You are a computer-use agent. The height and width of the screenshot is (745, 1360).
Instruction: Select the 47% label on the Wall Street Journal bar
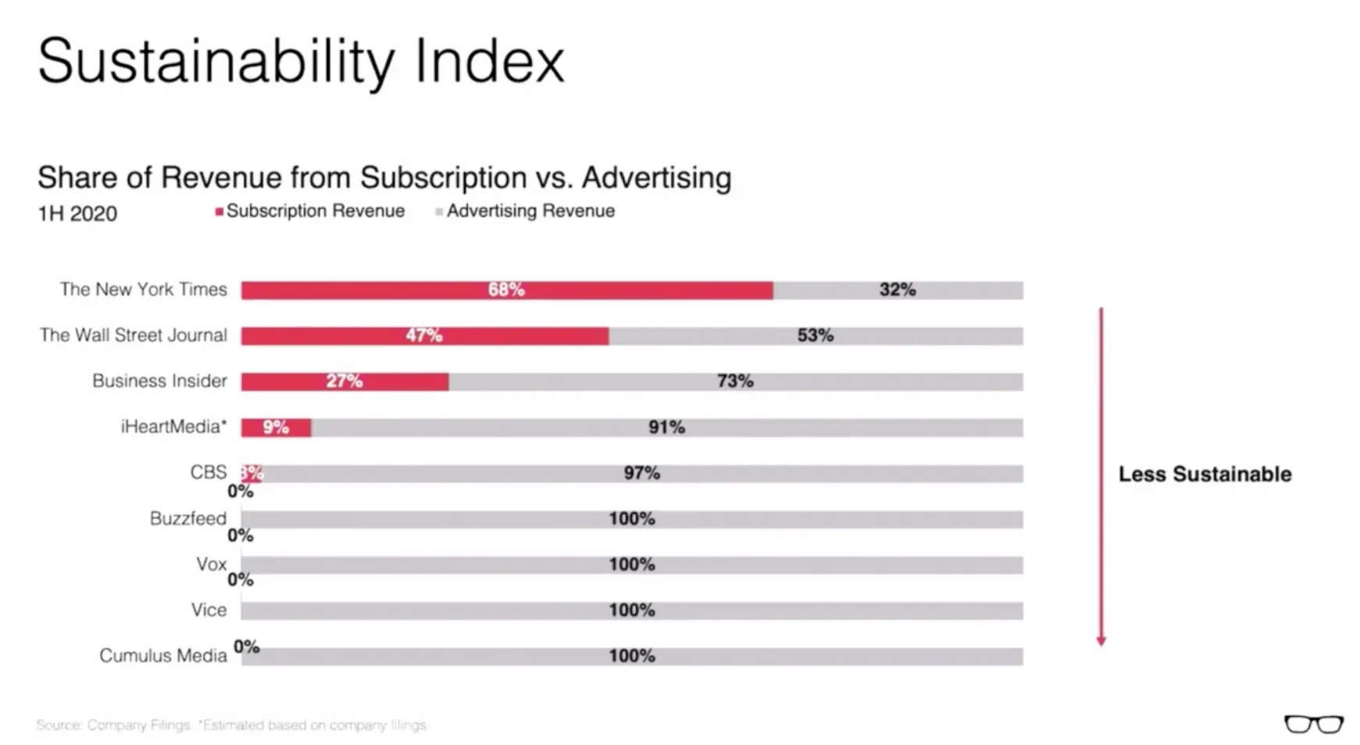pos(423,335)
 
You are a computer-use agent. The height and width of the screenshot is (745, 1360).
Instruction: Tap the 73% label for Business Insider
pos(735,381)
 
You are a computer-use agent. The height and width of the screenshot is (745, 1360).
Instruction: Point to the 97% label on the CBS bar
pos(641,473)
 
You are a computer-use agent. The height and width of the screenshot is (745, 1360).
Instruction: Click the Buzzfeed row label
pos(187,518)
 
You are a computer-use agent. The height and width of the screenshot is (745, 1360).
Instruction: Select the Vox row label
pos(211,564)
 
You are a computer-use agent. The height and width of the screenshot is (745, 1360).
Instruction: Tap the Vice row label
pos(209,610)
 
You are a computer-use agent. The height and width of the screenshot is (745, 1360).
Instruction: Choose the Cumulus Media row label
pos(162,656)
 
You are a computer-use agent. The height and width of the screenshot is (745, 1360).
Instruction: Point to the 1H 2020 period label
pos(77,213)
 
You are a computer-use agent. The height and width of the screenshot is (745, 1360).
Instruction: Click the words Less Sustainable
pos(1205,475)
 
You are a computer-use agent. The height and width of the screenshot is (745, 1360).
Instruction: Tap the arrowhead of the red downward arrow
pos(1101,641)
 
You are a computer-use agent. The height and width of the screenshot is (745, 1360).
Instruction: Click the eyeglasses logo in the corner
pos(1313,724)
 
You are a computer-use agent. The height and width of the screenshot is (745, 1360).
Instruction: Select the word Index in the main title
pos(489,61)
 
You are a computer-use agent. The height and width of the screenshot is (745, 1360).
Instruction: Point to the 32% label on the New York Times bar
pos(897,290)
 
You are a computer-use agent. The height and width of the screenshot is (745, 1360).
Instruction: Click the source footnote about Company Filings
pos(231,725)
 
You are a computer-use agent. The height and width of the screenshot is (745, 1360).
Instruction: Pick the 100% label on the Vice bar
pos(631,611)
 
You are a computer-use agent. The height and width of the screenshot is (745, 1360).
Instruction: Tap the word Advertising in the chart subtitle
pos(656,177)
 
